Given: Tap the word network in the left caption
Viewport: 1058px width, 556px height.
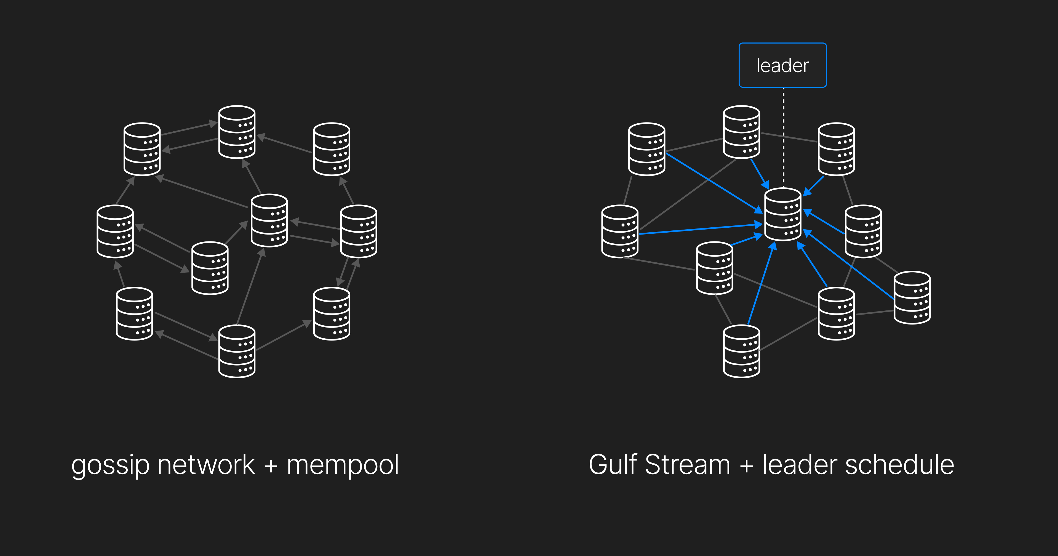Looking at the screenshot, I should [206, 465].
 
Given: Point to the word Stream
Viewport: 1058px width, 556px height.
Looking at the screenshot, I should [688, 465].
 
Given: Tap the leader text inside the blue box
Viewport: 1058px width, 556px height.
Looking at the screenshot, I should [782, 66].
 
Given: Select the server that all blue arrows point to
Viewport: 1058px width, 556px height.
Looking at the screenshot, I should [783, 214].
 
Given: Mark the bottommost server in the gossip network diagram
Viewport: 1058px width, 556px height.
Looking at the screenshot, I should [237, 351].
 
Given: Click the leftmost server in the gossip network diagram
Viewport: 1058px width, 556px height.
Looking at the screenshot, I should [115, 231].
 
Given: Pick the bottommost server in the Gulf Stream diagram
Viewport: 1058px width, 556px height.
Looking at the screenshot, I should [741, 351].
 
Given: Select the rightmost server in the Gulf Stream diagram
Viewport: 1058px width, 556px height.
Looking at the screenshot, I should [912, 297].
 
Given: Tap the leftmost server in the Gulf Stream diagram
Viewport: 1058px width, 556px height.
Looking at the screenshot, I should [620, 231].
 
